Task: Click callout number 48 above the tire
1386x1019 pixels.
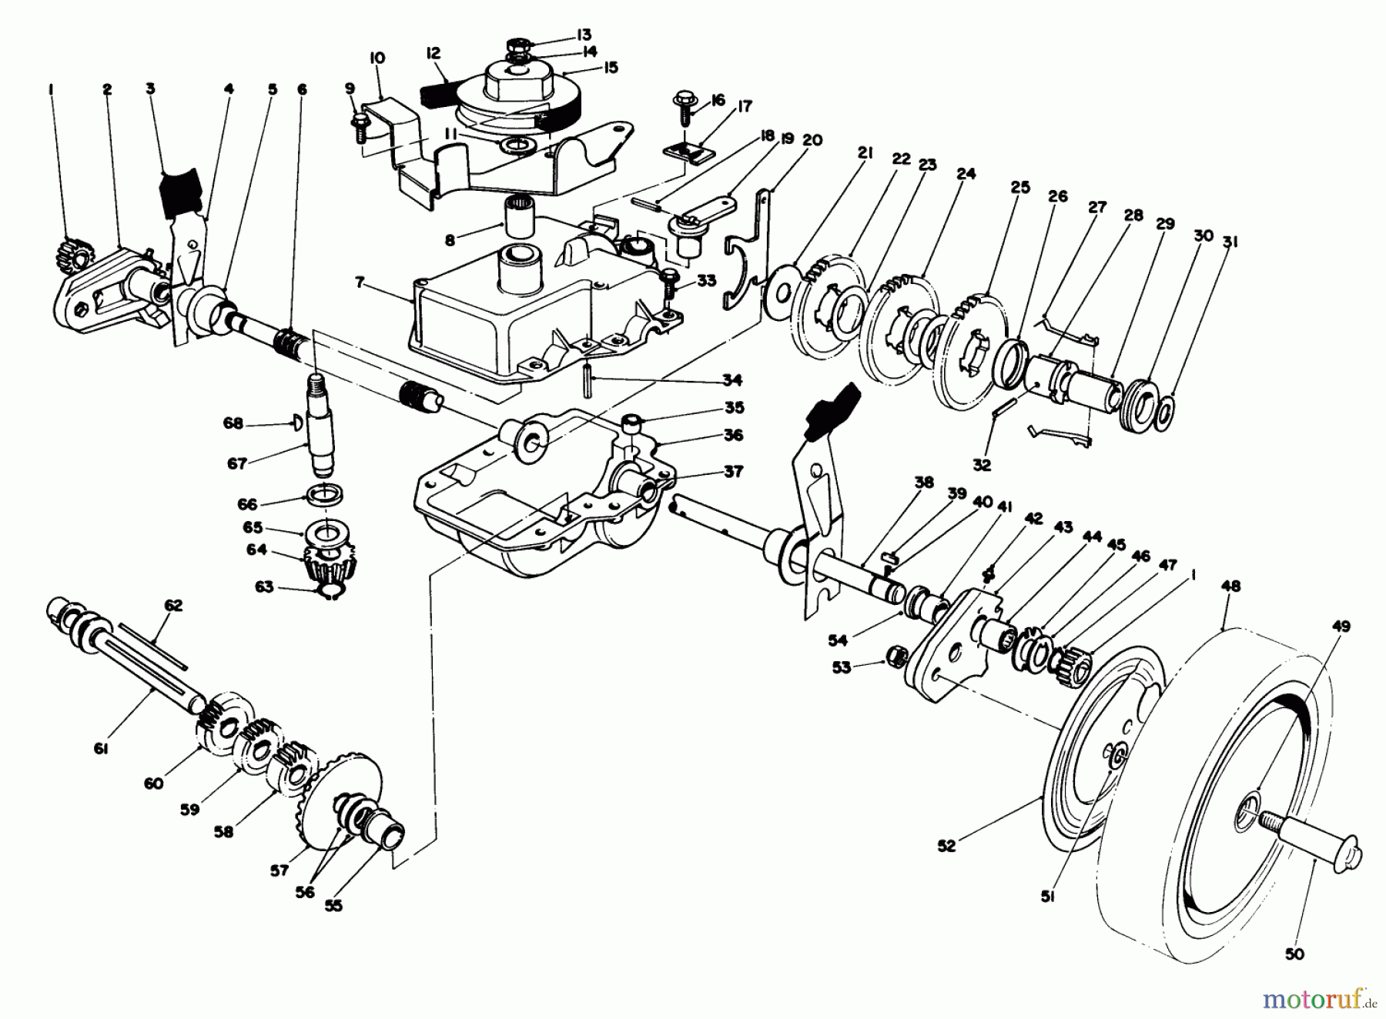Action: tap(1230, 586)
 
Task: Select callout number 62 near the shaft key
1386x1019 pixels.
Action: tap(173, 606)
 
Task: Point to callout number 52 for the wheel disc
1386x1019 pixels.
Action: tap(946, 846)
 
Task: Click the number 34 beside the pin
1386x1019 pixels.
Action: tap(731, 379)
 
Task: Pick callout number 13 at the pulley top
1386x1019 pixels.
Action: tap(582, 35)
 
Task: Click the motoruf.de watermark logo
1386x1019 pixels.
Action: tap(1323, 999)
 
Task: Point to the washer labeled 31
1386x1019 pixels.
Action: tap(1166, 411)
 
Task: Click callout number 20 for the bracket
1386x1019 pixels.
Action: tap(812, 140)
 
